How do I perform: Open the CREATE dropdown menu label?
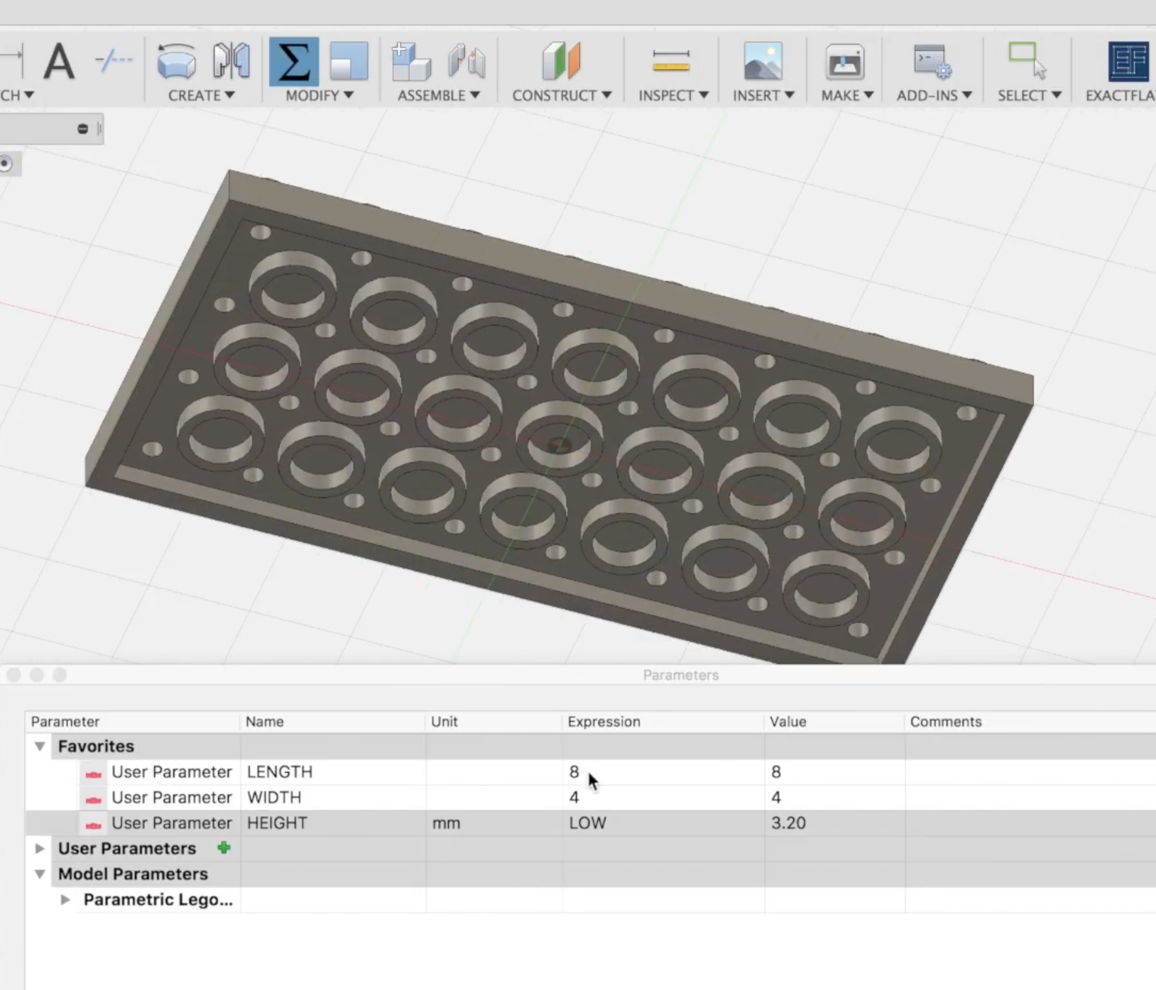tap(201, 95)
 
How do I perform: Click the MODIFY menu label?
tap(319, 95)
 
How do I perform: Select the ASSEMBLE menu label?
tap(438, 95)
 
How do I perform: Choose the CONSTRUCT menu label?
tap(561, 95)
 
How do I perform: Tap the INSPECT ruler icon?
tap(671, 61)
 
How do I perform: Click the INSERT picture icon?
tap(763, 61)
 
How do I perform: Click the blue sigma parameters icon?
tap(293, 62)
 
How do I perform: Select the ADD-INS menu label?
tap(934, 95)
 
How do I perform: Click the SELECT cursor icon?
tap(1027, 61)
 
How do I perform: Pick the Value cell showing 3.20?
tap(788, 823)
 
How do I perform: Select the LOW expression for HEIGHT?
tap(587, 823)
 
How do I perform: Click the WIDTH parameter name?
tap(274, 798)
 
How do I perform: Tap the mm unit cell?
tap(446, 823)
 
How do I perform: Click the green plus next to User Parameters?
tap(224, 848)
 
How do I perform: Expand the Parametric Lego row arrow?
tap(65, 900)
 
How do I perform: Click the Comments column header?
tap(945, 722)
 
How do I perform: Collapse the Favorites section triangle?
tap(40, 747)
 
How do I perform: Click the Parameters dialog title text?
tap(680, 675)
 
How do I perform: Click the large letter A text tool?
tap(59, 62)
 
